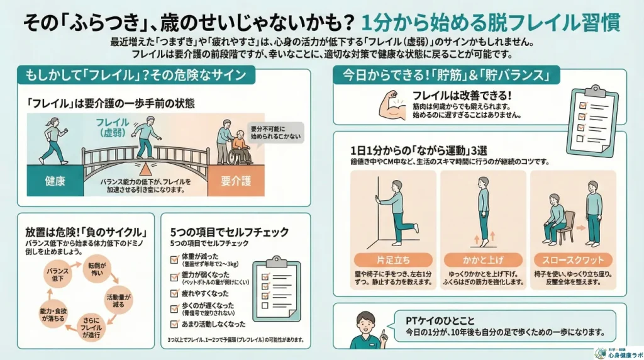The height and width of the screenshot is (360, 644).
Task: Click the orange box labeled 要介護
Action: click(236, 182)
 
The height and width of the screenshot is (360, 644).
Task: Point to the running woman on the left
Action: click(51, 143)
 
